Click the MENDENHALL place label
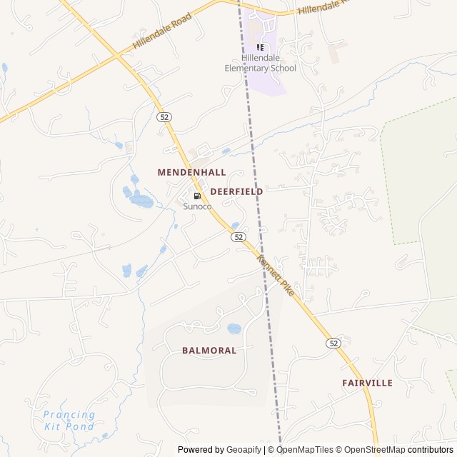pos(191,172)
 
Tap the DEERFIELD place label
pos(236,191)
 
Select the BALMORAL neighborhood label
pos(209,351)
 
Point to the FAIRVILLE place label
pos(367,383)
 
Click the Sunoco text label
pos(197,206)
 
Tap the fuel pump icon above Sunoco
pos(197,196)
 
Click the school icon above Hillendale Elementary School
pos(260,47)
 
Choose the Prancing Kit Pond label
pos(69,420)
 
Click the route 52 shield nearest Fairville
pos(333,343)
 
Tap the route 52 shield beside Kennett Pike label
pos(238,236)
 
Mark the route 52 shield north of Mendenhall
pos(165,116)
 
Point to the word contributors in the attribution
pos(431,450)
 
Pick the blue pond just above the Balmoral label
pos(233,329)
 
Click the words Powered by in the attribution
pos(201,450)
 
